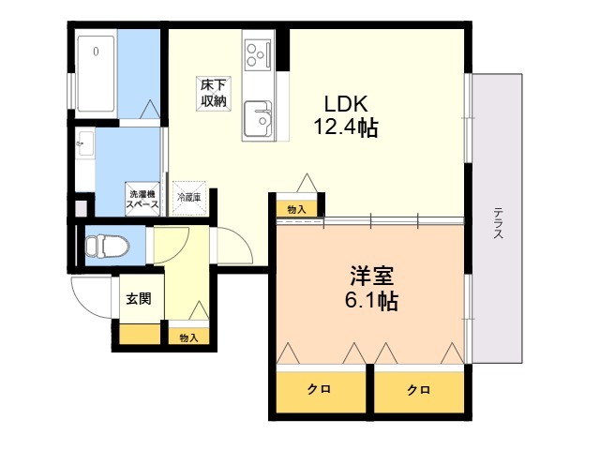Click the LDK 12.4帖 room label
(346, 115)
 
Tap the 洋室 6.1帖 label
(371, 288)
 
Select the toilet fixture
(107, 246)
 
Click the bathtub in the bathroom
(96, 73)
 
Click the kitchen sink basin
(258, 119)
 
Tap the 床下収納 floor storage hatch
(214, 94)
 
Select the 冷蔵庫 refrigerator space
(189, 198)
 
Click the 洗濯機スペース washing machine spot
(142, 199)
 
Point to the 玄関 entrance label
(139, 298)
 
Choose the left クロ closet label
(319, 390)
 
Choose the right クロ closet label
(418, 390)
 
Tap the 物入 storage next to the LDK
(297, 209)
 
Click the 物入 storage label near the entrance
(189, 337)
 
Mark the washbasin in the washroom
(85, 143)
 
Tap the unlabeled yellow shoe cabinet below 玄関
(140, 334)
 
